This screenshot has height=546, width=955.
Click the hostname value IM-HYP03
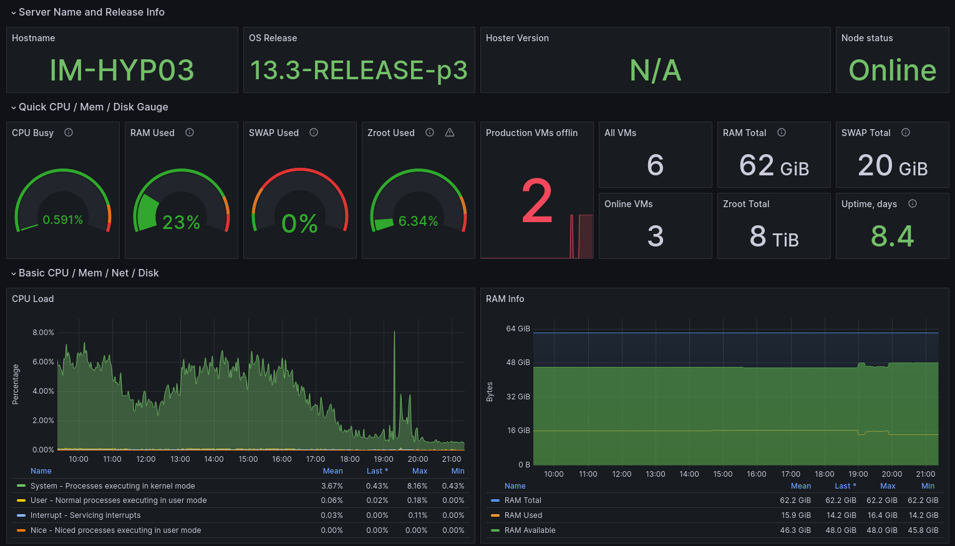point(122,70)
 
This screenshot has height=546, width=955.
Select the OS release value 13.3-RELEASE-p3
point(359,70)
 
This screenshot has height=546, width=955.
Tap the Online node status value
point(892,70)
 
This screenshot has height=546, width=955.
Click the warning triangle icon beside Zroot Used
point(450,132)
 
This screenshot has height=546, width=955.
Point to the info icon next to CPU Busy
point(69,132)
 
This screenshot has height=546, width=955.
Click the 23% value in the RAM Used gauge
point(181,222)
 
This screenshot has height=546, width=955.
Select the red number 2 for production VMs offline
point(537,202)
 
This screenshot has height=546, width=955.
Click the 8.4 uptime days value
point(892,236)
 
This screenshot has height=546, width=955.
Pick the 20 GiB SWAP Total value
point(892,166)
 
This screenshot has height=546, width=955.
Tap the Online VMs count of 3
point(655,236)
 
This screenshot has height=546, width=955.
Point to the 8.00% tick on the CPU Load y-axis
point(43,333)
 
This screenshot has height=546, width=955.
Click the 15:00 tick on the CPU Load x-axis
point(248,459)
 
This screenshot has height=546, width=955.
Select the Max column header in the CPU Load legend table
point(420,471)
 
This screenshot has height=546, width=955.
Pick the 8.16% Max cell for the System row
point(417,486)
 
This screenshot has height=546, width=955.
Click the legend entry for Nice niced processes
point(115,530)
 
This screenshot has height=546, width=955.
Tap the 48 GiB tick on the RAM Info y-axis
point(518,363)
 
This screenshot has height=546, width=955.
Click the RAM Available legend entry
point(530,530)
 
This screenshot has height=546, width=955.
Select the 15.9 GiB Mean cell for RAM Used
point(796,515)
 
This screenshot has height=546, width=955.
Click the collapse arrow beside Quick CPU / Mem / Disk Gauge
point(14,107)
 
